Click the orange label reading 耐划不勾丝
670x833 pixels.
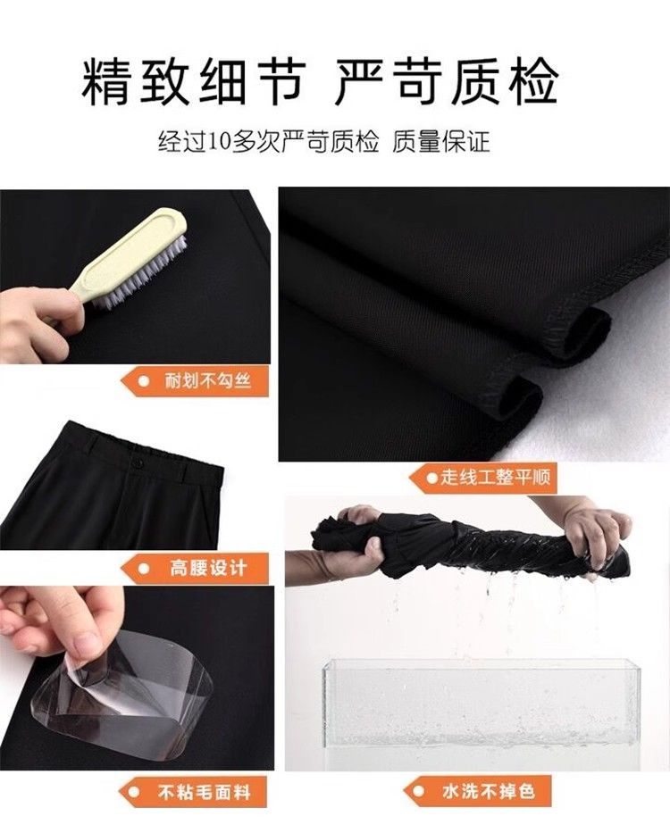click(x=197, y=381)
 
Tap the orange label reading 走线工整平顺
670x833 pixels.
click(x=482, y=478)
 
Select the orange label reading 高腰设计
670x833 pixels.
click(x=195, y=568)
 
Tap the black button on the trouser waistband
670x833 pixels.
click(x=138, y=463)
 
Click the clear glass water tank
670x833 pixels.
click(x=482, y=705)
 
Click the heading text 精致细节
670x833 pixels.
click(x=194, y=82)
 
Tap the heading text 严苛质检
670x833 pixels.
click(x=446, y=82)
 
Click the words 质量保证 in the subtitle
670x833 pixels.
click(x=440, y=142)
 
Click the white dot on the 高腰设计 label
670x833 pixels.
click(x=144, y=569)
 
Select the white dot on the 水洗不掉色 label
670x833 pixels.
click(x=420, y=792)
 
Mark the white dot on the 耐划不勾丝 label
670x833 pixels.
click(x=144, y=381)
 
